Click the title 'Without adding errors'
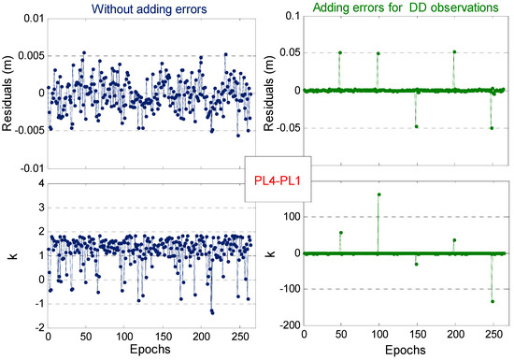pos(129,8)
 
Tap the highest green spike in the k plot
pos(378,194)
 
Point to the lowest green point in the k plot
pos(492,301)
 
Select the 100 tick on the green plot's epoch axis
pos(378,337)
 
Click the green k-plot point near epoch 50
pos(340,232)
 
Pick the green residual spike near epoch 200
pos(454,51)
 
